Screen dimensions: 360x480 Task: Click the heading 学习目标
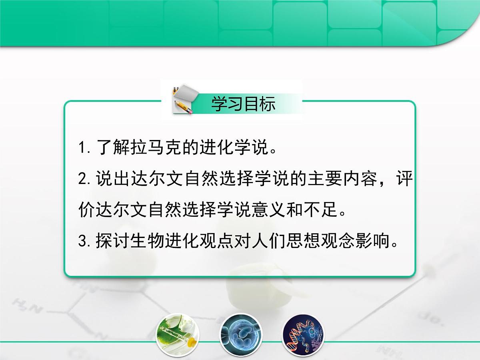pyautogui.click(x=243, y=104)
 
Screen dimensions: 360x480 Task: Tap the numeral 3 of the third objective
pyautogui.click(x=83, y=242)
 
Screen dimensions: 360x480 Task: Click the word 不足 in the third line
pyautogui.click(x=325, y=210)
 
